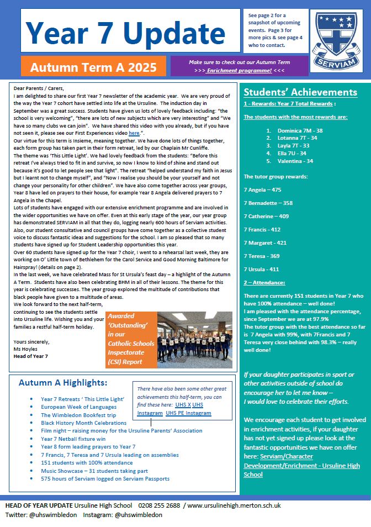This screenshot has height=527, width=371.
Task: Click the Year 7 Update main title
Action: tap(126, 32)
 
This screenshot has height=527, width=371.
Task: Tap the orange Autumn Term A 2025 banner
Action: tap(93, 67)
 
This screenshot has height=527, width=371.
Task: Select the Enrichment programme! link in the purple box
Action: tap(240, 71)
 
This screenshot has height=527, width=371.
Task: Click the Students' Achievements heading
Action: tap(300, 92)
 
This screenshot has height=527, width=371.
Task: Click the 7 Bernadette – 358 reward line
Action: tap(268, 203)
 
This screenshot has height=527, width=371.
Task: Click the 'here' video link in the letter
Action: tap(134, 134)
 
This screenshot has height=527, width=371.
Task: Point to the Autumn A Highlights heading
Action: tap(63, 382)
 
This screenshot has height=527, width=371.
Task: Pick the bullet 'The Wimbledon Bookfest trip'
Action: tap(78, 415)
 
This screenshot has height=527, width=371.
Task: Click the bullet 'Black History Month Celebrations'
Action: tap(83, 423)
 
